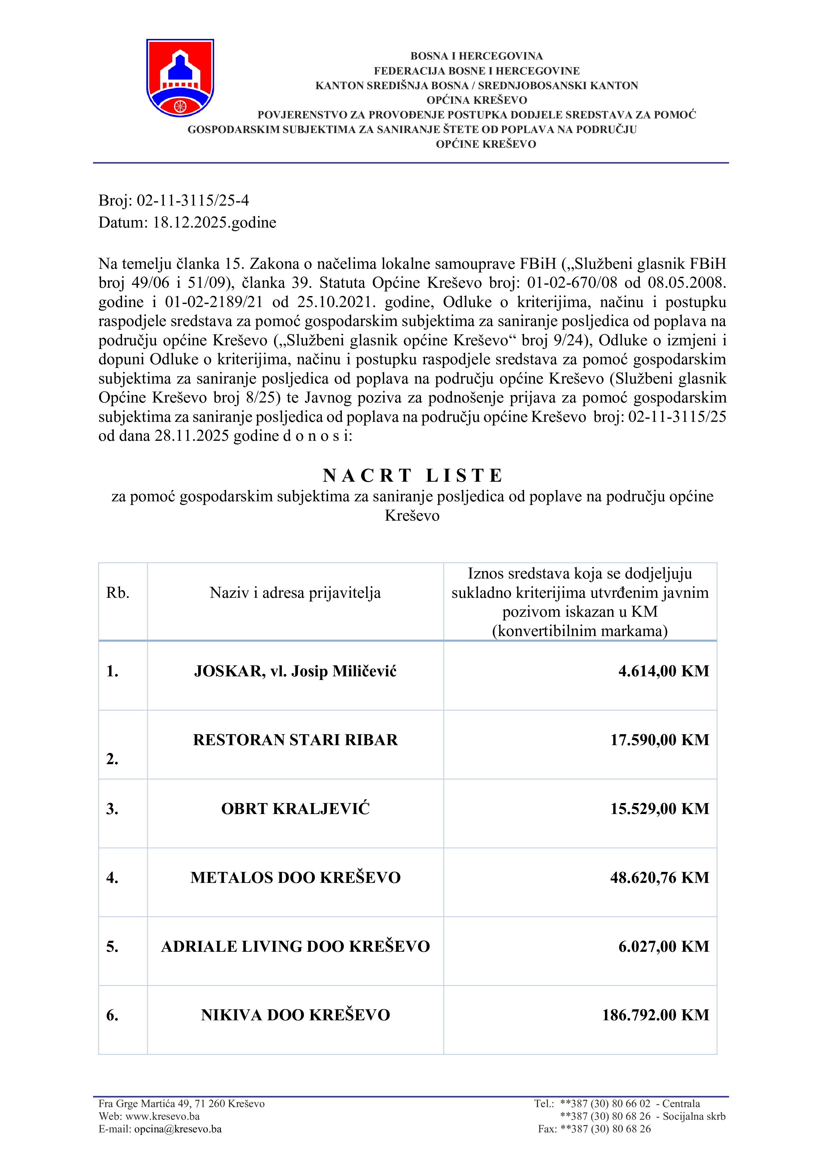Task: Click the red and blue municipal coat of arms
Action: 180,78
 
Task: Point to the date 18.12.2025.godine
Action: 214,222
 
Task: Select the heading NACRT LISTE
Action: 412,475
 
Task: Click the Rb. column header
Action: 118,593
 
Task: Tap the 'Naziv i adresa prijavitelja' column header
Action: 295,593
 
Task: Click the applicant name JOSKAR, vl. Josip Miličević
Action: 295,671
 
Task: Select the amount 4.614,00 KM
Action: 663,671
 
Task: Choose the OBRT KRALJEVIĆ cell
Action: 295,809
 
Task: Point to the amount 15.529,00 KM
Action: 659,809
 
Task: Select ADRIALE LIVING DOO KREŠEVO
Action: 295,946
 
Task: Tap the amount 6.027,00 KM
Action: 663,946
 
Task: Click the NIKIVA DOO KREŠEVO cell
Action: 295,1015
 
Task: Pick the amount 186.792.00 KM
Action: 655,1015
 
